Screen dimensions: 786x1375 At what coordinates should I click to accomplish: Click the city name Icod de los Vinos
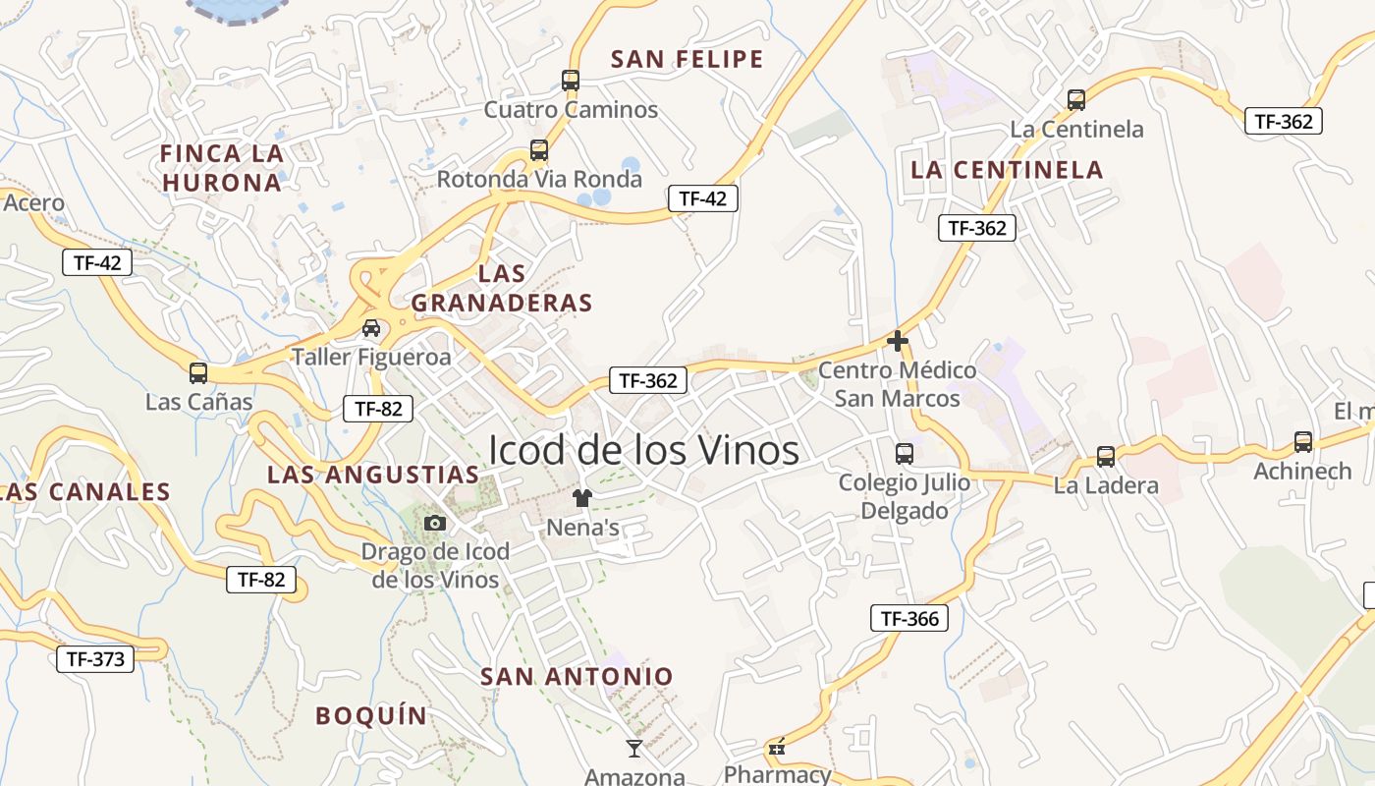point(643,451)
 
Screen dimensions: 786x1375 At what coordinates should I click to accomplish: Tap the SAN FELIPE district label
point(687,59)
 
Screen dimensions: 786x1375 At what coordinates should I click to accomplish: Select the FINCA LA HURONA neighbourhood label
point(222,168)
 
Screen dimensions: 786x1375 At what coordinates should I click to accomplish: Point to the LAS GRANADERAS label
point(502,288)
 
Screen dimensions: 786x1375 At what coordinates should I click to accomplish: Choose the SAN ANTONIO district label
point(577,676)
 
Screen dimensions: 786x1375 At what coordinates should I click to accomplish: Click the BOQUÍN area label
point(371,715)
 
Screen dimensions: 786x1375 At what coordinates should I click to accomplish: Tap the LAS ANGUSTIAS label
point(373,475)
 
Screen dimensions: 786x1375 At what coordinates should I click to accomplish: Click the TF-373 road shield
point(95,658)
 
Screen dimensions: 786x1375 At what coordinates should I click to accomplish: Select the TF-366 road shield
point(908,618)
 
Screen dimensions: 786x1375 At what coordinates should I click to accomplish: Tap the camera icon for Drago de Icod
point(435,523)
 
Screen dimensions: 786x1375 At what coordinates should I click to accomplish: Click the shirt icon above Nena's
point(582,498)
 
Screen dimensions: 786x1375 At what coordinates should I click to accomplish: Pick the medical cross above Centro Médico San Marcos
point(897,341)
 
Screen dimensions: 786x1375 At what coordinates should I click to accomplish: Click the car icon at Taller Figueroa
point(371,328)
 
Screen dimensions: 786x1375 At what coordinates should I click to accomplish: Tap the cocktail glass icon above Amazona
point(634,749)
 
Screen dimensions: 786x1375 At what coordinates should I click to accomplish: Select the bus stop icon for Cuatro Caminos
point(571,80)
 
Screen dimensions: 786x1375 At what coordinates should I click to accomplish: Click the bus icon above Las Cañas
point(198,372)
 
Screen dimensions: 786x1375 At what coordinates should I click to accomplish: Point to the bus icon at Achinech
point(1303,442)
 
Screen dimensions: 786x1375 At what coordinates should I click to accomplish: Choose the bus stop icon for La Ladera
point(1106,456)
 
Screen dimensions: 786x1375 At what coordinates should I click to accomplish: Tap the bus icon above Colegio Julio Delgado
point(905,453)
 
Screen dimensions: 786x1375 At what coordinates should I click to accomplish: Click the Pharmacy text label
point(777,774)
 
